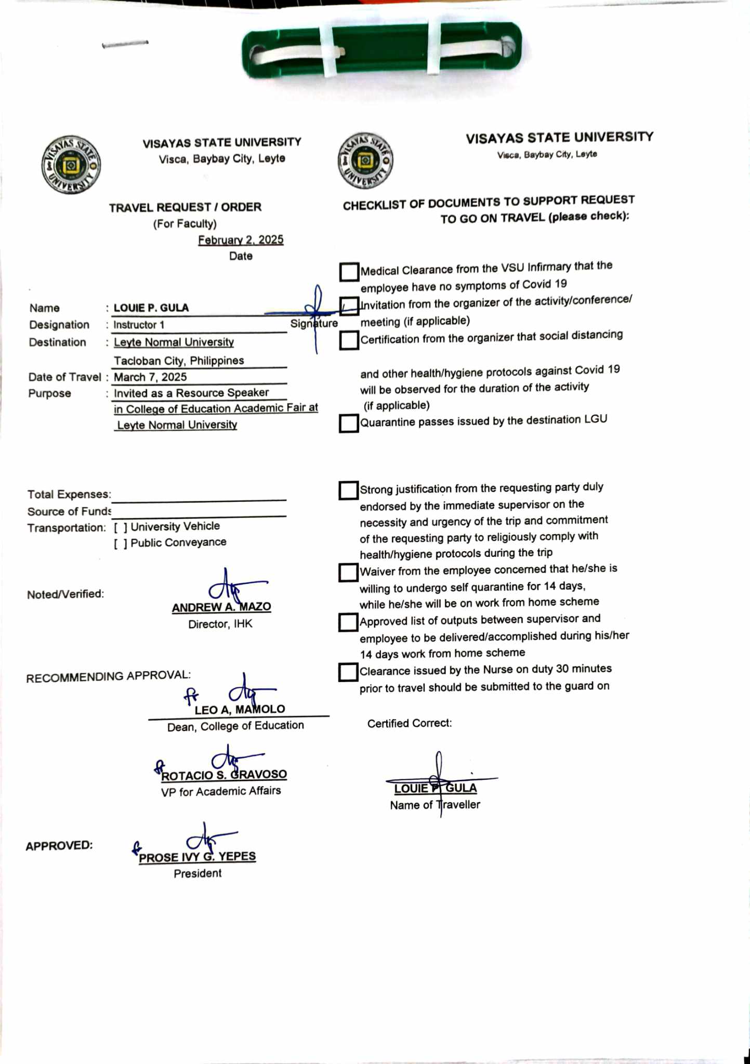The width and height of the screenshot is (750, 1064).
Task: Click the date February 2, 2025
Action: point(241,240)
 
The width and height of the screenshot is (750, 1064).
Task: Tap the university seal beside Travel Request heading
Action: point(71,165)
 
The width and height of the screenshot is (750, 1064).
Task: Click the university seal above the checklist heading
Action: point(365,160)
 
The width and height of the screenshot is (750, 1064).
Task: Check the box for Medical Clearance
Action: point(349,272)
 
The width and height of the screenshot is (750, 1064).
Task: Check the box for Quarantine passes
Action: point(349,423)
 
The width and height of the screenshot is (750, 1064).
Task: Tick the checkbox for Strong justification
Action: point(348,490)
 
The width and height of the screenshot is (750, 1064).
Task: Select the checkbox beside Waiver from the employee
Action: point(348,573)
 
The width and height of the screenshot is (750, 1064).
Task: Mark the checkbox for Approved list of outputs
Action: point(348,622)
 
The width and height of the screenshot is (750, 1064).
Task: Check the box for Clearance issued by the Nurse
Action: point(348,672)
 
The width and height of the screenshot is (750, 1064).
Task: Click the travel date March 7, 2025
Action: point(150,377)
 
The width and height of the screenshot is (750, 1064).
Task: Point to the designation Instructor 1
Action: point(139,325)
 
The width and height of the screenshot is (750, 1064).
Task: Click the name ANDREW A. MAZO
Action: point(221,607)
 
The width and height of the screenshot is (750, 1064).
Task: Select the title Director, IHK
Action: point(220,624)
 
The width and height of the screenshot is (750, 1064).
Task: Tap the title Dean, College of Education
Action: point(235,726)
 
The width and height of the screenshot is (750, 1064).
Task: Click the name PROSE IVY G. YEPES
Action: point(197,857)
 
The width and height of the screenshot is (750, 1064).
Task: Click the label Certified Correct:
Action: point(410,723)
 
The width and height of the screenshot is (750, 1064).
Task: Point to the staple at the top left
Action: point(125,44)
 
